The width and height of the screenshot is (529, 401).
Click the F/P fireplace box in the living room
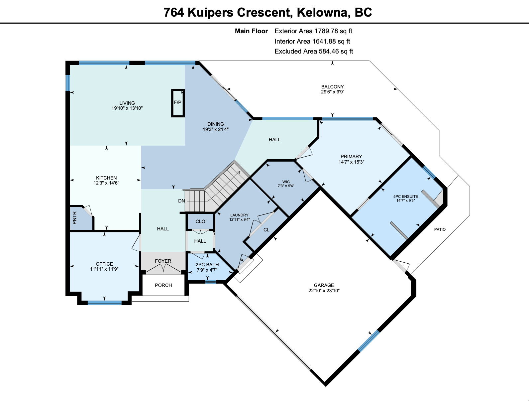coord(178,103)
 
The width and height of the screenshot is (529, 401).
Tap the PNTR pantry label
coord(74,218)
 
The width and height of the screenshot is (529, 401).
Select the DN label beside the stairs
coord(181,200)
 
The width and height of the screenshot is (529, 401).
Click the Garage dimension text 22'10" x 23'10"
coord(324,291)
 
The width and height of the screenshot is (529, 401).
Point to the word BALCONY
coord(332,86)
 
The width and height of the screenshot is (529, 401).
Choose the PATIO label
coord(440,229)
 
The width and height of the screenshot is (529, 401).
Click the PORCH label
coord(163,285)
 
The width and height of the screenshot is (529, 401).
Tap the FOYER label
coord(163,261)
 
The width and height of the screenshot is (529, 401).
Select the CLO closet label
coord(200,221)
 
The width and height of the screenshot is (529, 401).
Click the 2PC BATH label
coord(207,265)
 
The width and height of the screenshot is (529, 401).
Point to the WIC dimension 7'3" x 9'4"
coord(286,186)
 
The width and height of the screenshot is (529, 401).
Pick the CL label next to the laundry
coord(266,230)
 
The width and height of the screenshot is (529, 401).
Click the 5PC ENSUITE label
coord(406,197)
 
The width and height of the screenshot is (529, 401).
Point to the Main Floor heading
coord(251,31)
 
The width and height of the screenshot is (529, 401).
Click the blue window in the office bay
coord(105,303)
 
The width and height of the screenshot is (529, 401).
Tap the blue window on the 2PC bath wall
coord(210,282)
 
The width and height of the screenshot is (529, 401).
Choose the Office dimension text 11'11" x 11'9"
coord(104,269)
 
